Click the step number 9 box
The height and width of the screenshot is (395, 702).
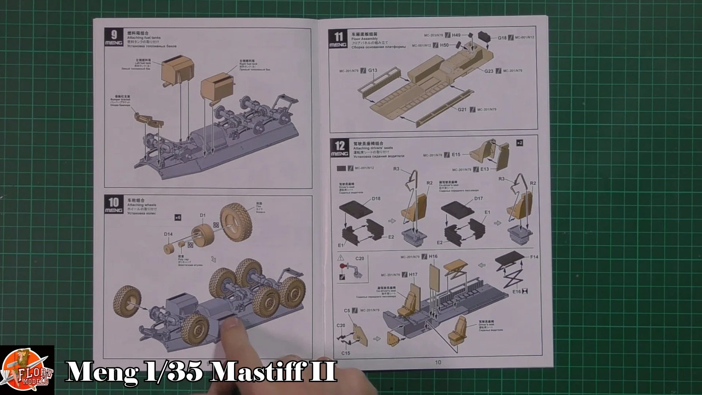pos(114,38)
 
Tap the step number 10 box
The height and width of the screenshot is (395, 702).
pos(114,205)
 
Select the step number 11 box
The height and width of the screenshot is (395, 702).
pos(339,39)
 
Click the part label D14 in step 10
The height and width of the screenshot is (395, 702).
pos(168,234)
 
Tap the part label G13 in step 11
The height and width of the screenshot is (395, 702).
pos(373,70)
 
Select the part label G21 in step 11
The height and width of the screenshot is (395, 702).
pos(463,109)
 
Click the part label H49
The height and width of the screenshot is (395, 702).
pos(456,35)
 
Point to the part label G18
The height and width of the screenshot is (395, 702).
pos(502,38)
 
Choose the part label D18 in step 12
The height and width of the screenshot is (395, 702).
pos(376,199)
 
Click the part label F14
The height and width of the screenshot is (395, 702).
pos(534,257)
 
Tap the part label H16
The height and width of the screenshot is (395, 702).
pos(433,256)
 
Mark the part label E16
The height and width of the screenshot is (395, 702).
pos(517,291)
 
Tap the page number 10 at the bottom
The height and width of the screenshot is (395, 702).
pos(438,362)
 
